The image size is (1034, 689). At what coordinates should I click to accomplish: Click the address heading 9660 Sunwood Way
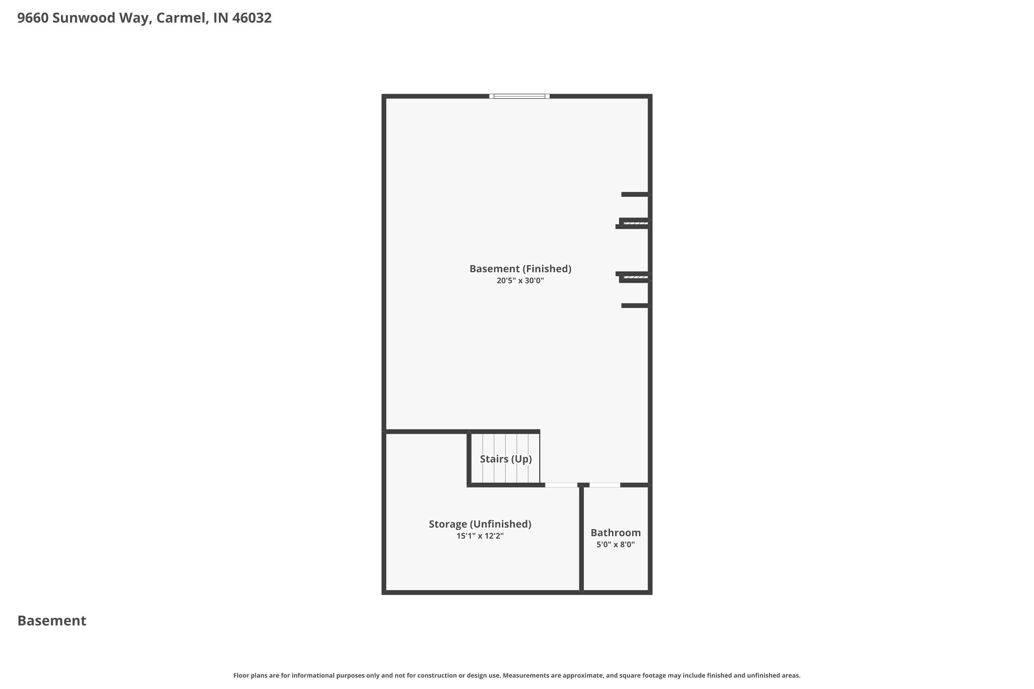pyautogui.click(x=84, y=18)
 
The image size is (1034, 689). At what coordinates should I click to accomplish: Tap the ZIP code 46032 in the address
pyautogui.click(x=252, y=18)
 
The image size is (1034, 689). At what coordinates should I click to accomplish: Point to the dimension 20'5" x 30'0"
pyautogui.click(x=520, y=281)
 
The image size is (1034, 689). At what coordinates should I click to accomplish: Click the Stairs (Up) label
pyautogui.click(x=506, y=459)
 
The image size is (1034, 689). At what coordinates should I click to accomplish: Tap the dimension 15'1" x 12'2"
pyautogui.click(x=480, y=536)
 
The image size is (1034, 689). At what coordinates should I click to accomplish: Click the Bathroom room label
pyautogui.click(x=616, y=533)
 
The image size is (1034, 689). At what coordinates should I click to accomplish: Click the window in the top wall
pyautogui.click(x=519, y=96)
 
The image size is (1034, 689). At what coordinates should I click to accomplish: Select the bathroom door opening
pyautogui.click(x=605, y=485)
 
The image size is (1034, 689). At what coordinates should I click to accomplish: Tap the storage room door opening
pyautogui.click(x=561, y=485)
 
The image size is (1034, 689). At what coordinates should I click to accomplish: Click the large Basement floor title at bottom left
pyautogui.click(x=52, y=621)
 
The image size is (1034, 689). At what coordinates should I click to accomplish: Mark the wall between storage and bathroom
pyautogui.click(x=581, y=538)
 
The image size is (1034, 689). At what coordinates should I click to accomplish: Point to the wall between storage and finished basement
pyautogui.click(x=426, y=432)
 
